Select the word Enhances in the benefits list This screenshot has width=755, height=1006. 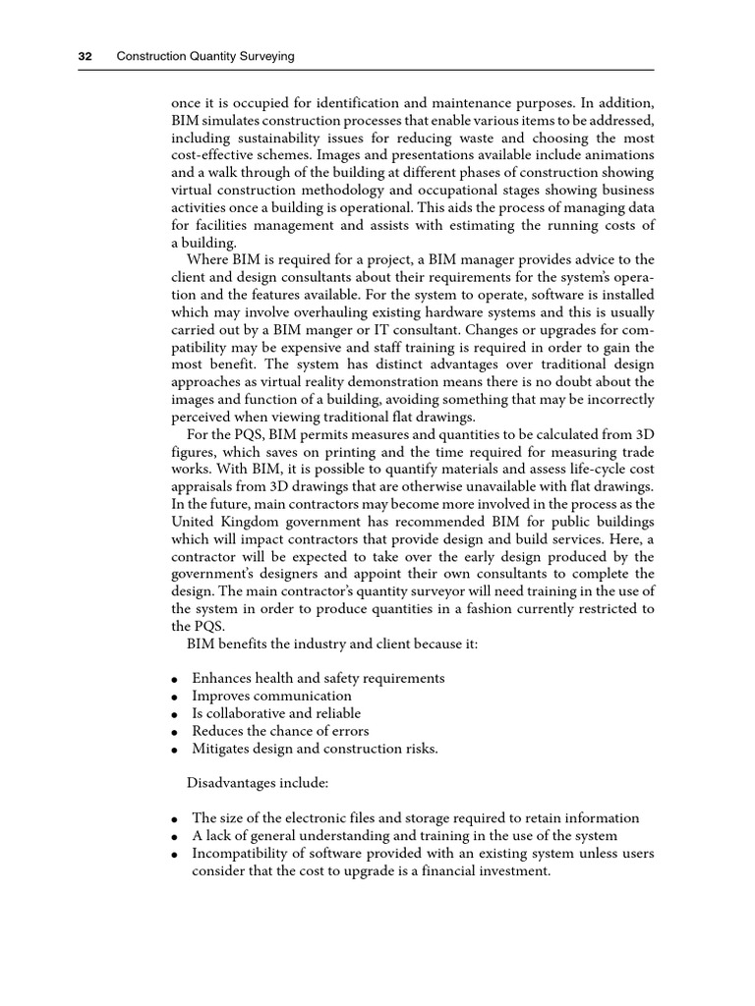point(223,678)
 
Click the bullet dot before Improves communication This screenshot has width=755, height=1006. point(173,697)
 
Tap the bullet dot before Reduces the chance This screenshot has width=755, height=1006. point(173,732)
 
